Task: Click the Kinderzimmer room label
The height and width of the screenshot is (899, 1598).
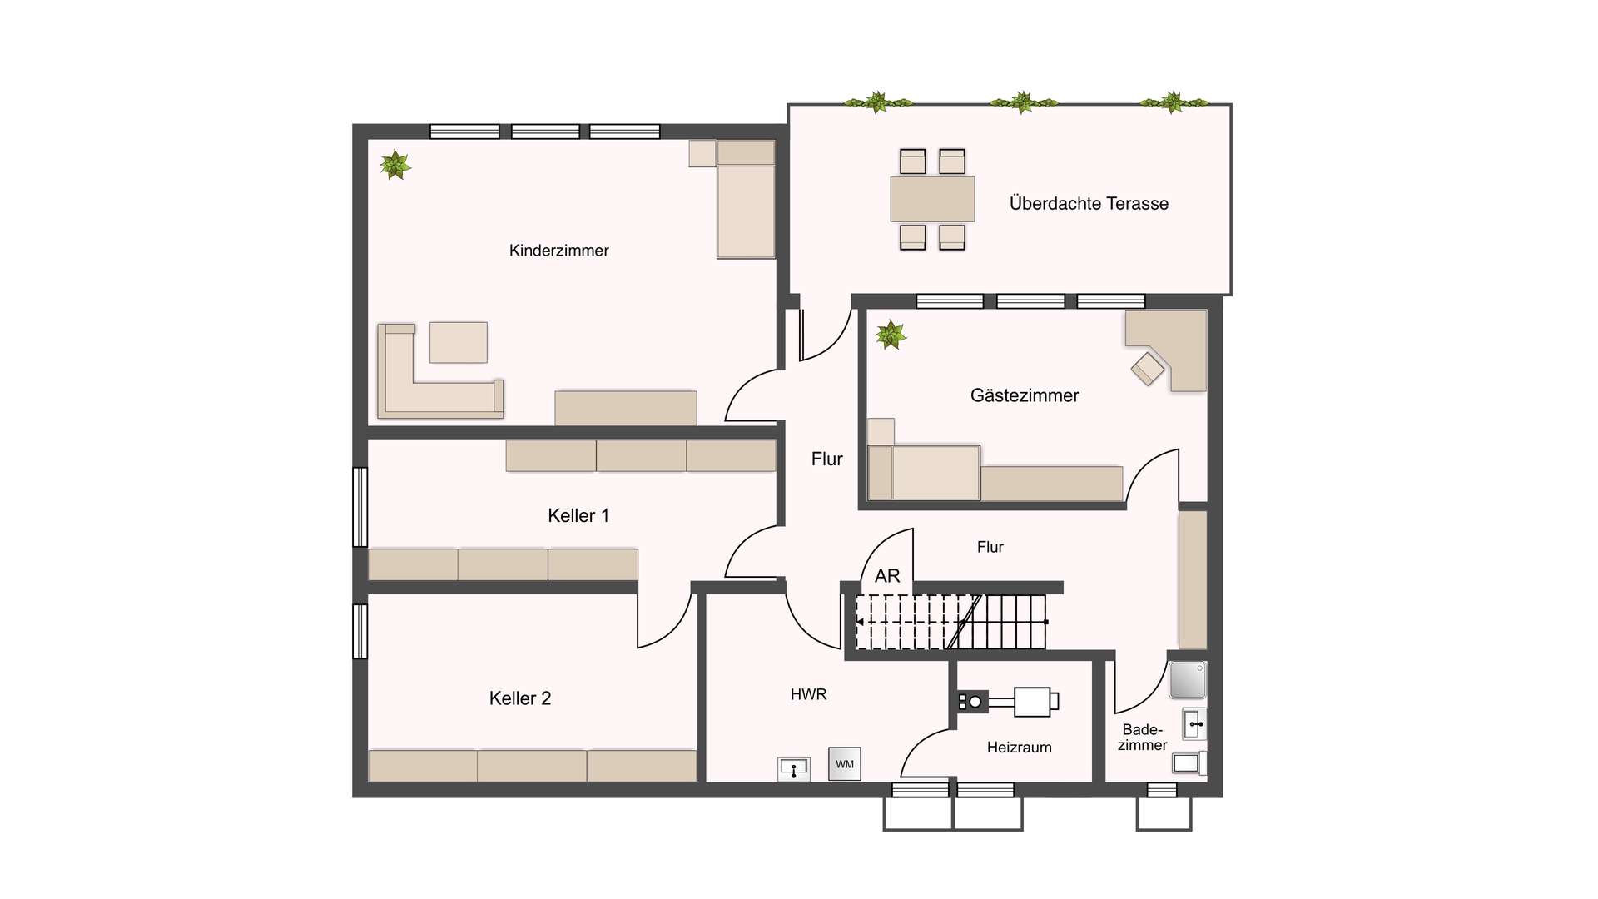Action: (x=558, y=251)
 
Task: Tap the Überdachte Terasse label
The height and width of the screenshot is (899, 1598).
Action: (x=1089, y=203)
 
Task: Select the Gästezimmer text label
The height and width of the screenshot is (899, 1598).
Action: (x=1025, y=395)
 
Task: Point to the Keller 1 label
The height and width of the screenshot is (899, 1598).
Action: (x=578, y=515)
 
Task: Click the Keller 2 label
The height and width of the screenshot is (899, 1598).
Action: (x=520, y=698)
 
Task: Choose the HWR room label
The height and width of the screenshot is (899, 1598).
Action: (x=808, y=694)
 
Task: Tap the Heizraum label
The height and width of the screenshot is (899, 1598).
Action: (x=1019, y=748)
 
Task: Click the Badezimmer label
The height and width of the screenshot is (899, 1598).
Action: (x=1142, y=738)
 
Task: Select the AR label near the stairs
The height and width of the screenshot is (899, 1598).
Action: (x=887, y=576)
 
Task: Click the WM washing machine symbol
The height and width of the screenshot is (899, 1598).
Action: (x=845, y=764)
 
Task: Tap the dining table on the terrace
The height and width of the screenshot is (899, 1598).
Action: (x=932, y=199)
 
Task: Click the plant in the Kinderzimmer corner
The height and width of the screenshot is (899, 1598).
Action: (x=395, y=165)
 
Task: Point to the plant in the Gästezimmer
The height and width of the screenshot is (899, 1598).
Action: (x=891, y=335)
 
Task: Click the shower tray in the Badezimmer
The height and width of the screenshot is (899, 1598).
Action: (x=1188, y=680)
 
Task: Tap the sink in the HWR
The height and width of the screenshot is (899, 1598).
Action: (x=794, y=769)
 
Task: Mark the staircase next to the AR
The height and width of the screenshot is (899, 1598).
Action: (x=951, y=622)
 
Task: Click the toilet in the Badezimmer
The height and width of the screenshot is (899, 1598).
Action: (x=1189, y=762)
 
